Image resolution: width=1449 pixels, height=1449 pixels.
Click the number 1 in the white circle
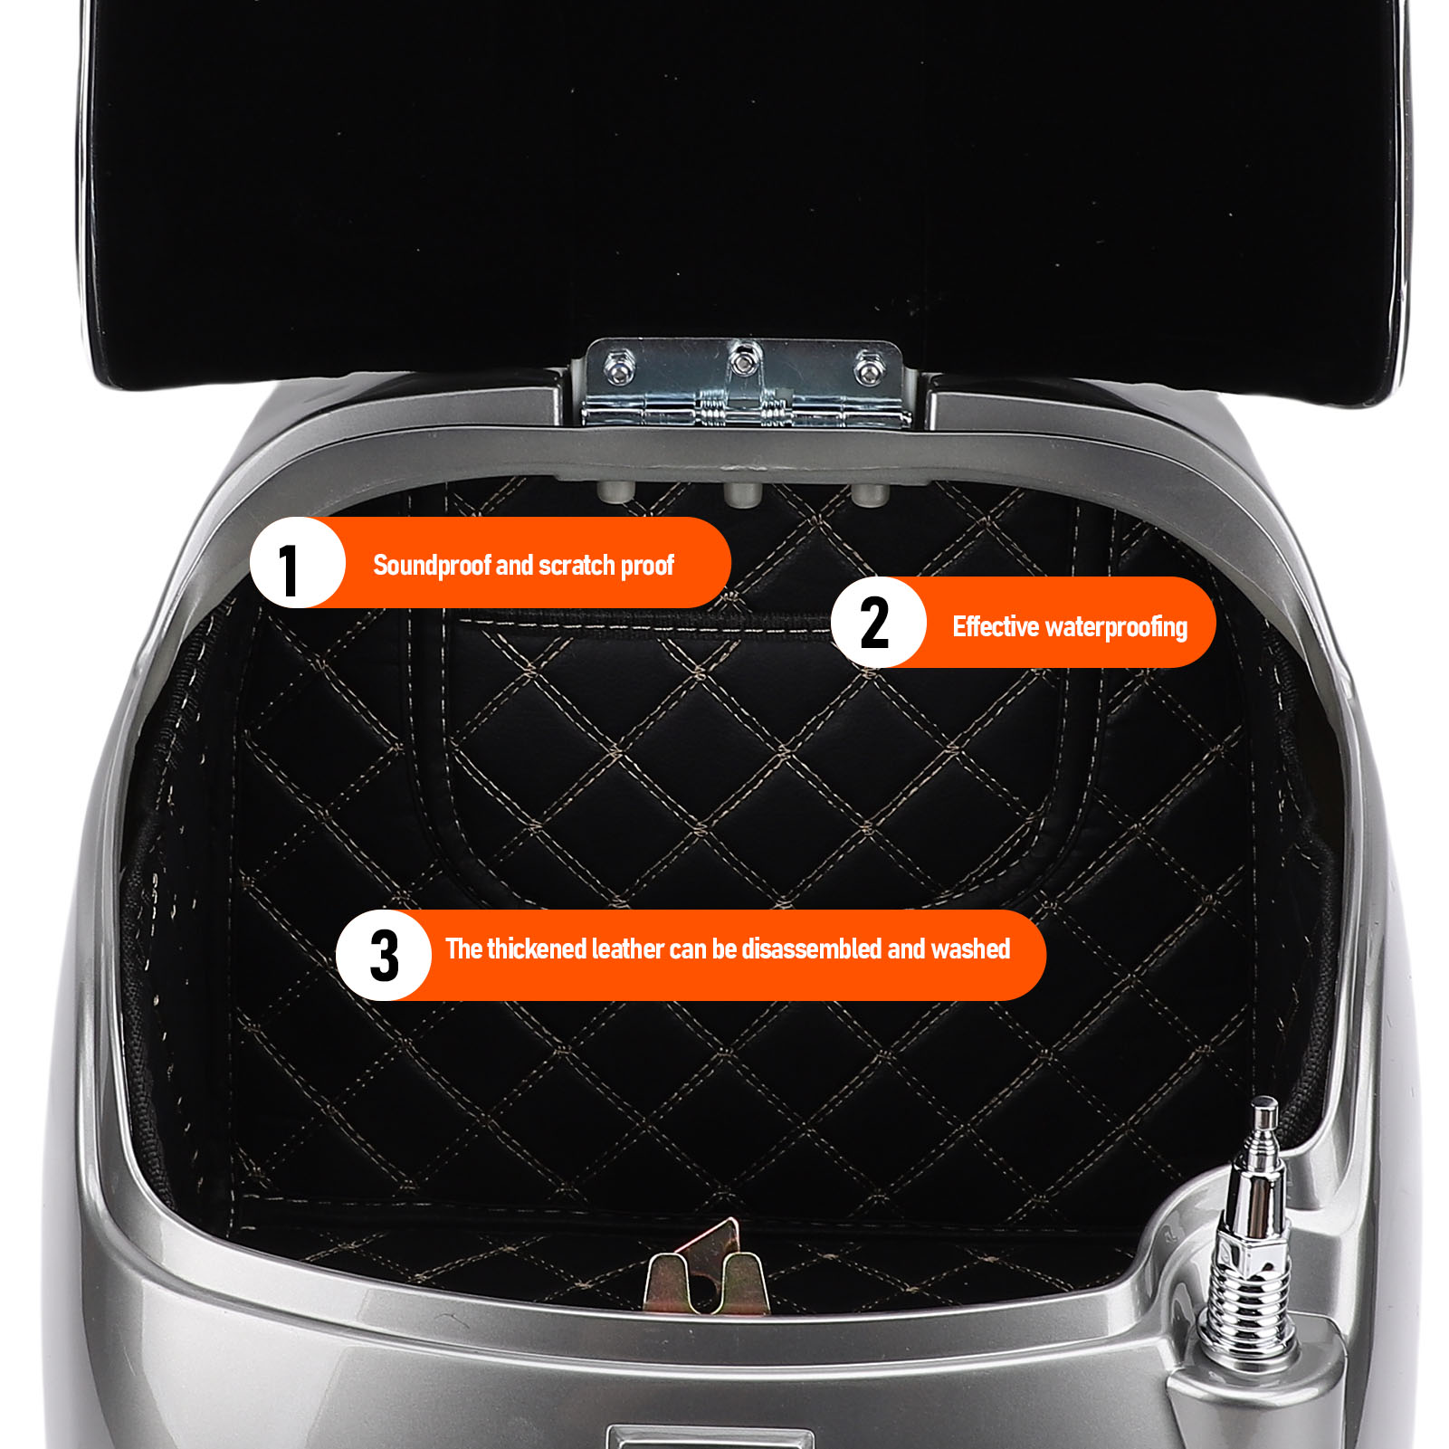[289, 570]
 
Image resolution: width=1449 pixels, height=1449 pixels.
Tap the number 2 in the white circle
[874, 623]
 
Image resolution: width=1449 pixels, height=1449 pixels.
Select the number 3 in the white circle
[385, 956]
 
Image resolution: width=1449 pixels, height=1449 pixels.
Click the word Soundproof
[432, 566]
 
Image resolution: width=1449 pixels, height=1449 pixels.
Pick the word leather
[627, 949]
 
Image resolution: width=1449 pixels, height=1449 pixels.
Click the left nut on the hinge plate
[619, 368]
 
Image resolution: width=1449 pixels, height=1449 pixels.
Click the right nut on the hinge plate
[869, 368]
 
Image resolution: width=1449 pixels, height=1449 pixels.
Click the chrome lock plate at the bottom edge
[710, 1437]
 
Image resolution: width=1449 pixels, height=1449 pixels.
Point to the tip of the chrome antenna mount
[1264, 1101]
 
